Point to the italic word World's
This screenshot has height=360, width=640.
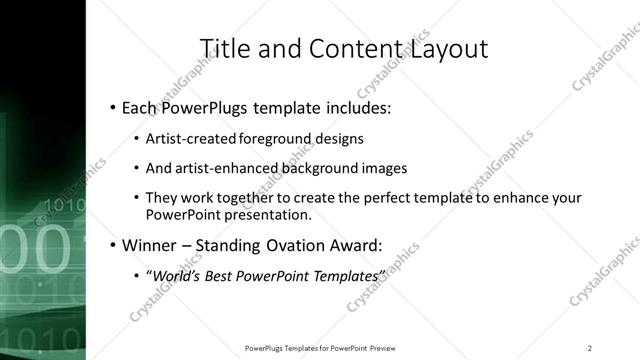[175, 274]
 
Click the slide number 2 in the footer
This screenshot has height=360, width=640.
[589, 347]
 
